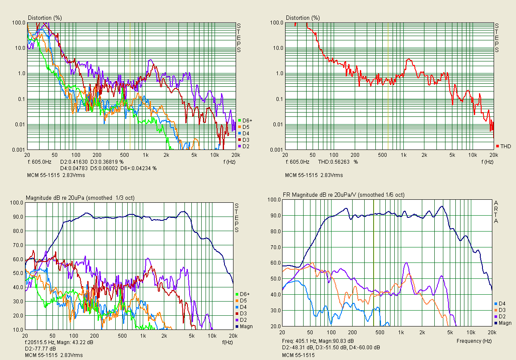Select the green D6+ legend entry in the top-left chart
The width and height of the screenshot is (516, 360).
click(244, 121)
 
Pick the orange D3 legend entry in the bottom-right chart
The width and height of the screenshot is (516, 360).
click(501, 310)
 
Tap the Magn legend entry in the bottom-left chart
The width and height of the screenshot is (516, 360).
click(245, 326)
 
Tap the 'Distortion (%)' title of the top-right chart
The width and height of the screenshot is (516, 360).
click(303, 18)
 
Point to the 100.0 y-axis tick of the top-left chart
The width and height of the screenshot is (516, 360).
click(18, 22)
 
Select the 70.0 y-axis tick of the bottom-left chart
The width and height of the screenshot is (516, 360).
click(17, 245)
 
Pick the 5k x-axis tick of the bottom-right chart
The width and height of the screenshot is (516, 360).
click(450, 333)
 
